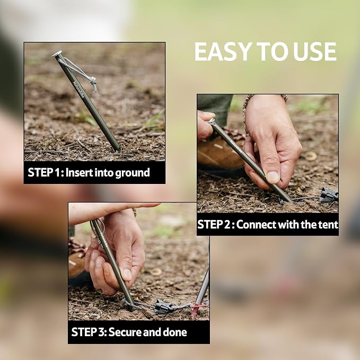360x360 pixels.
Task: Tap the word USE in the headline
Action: [x=314, y=51]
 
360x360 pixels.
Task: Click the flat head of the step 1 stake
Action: [x=57, y=54]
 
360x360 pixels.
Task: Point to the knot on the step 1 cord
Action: [x=93, y=83]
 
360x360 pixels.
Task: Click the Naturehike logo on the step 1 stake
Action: [x=78, y=90]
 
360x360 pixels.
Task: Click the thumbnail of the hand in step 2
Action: [x=273, y=178]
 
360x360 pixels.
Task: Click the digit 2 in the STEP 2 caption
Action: [x=227, y=224]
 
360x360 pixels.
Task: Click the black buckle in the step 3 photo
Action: [x=163, y=306]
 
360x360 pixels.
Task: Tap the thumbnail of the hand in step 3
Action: [x=127, y=274]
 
